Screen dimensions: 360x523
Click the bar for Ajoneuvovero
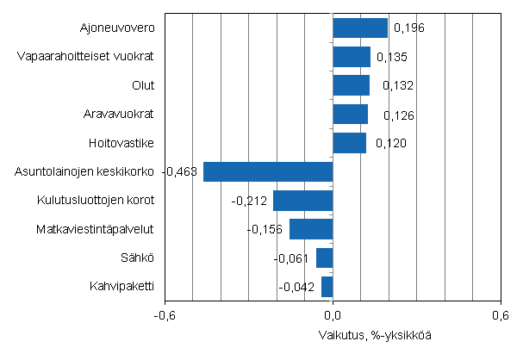coord(360,28)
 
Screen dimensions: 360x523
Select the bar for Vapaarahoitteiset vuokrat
coord(352,57)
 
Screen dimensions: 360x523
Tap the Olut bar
coord(351,85)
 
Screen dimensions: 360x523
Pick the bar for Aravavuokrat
coord(350,115)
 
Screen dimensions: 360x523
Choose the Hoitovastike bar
coord(349,142)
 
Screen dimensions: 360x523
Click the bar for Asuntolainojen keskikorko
coord(268,171)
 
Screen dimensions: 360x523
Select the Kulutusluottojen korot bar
coord(302,201)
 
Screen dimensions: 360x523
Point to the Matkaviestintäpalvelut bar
coord(311,229)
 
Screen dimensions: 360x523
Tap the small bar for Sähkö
coord(324,258)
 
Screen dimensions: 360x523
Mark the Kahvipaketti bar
coord(327,286)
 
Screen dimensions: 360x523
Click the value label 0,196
coord(408,28)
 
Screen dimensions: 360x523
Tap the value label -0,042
coord(298,287)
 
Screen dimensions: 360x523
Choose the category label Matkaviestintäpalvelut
coord(96,229)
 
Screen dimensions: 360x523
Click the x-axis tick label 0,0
coord(333,315)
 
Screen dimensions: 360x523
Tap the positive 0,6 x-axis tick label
coord(500,315)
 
